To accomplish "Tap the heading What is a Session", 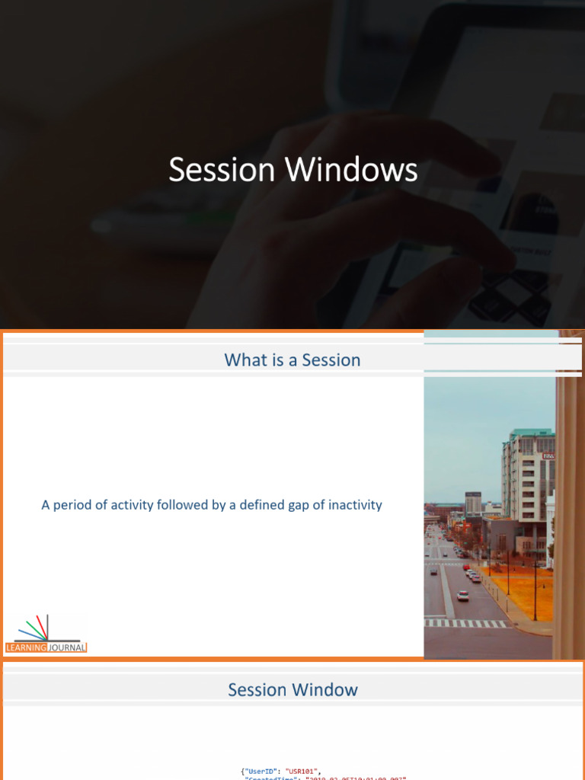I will pos(292,360).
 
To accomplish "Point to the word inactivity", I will pos(355,505).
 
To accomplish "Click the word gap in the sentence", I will pos(296,506).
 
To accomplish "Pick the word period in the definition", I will pos(75,506).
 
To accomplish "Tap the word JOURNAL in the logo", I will pos(67,647).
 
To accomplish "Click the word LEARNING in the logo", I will pos(27,647).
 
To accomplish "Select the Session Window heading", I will pos(292,690).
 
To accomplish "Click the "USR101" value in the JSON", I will pos(303,771).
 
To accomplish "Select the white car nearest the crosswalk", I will pos(462,596).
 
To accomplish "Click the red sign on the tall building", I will pos(547,456).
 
